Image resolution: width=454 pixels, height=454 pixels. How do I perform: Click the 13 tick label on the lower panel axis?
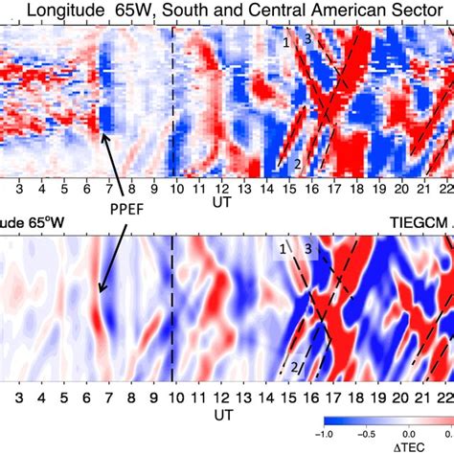pos(243,402)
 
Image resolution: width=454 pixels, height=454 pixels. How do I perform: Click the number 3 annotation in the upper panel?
pos(307,39)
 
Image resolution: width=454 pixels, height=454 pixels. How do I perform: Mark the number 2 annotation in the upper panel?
pos(298,163)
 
